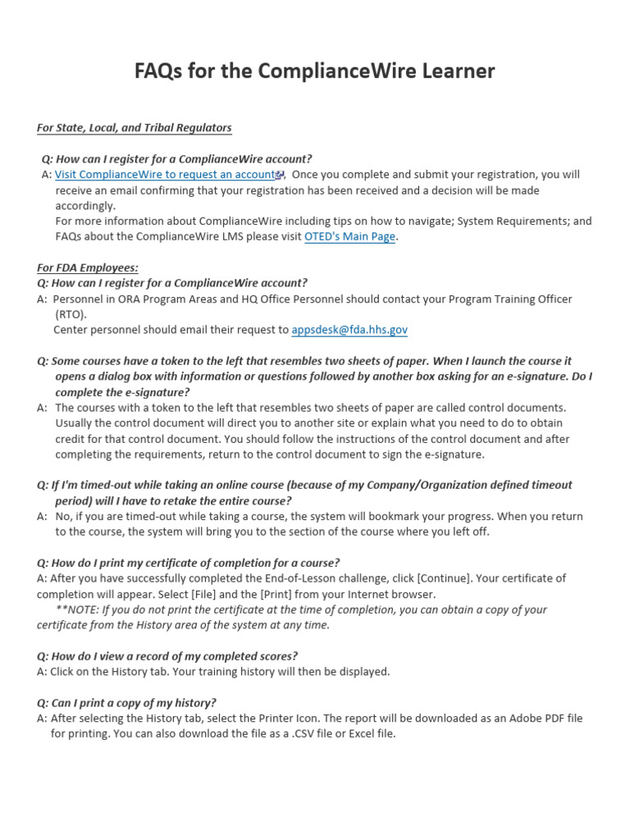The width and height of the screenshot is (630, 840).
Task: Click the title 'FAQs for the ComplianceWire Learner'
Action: pyautogui.click(x=314, y=72)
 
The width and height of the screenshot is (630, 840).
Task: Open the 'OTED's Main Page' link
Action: pyautogui.click(x=349, y=237)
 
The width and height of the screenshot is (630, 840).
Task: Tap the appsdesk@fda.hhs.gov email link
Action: pyautogui.click(x=349, y=330)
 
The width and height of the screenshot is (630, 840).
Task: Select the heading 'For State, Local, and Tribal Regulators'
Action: pyautogui.click(x=135, y=128)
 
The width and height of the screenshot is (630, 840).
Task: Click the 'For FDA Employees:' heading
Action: pyautogui.click(x=88, y=267)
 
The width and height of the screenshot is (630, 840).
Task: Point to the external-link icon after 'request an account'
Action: pyautogui.click(x=280, y=176)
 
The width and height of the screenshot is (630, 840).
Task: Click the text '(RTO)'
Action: pyautogui.click(x=70, y=314)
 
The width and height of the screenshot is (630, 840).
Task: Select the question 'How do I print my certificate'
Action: pyautogui.click(x=188, y=563)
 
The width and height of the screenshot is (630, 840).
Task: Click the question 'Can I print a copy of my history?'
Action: pyautogui.click(x=126, y=703)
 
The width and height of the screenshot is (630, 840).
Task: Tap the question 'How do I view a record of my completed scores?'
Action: pyautogui.click(x=167, y=656)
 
